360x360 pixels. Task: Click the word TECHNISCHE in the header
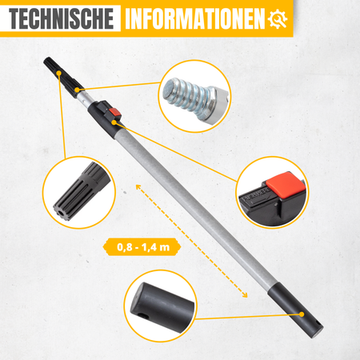(62, 18)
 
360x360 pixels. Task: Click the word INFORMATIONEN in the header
(195, 18)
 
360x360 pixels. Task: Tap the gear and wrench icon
(278, 19)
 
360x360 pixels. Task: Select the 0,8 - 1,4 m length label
(142, 247)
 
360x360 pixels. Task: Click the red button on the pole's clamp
(115, 112)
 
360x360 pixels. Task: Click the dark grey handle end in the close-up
(162, 307)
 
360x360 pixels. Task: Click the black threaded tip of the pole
(63, 77)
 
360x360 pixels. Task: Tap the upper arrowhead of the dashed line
(138, 187)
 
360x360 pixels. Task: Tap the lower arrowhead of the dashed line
(244, 294)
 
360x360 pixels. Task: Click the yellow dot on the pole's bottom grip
(302, 314)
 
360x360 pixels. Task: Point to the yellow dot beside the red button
(114, 122)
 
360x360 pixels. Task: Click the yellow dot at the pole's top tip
(58, 73)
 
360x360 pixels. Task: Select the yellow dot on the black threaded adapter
(77, 90)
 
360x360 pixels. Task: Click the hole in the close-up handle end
(144, 317)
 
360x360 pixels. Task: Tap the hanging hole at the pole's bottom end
(318, 323)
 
